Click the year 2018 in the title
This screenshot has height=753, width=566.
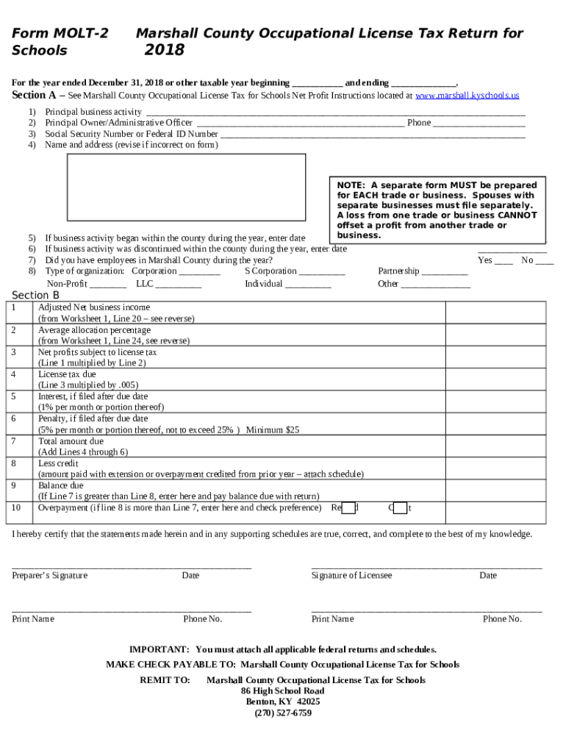click(164, 50)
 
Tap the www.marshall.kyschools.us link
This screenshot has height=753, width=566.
click(467, 96)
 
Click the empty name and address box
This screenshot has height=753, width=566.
click(187, 187)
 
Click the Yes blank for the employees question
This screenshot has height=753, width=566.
click(504, 261)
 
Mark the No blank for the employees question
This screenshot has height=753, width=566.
click(545, 261)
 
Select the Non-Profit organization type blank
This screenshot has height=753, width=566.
click(108, 285)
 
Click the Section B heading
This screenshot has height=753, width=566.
click(35, 296)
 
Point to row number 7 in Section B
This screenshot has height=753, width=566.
click(14, 441)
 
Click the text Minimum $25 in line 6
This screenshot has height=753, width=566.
click(272, 430)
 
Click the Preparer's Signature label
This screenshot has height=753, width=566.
click(49, 576)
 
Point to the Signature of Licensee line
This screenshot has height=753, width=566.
click(426, 568)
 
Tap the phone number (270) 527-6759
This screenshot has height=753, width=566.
click(283, 713)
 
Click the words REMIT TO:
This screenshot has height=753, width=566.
click(165, 680)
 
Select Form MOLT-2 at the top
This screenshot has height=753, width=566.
click(60, 34)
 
